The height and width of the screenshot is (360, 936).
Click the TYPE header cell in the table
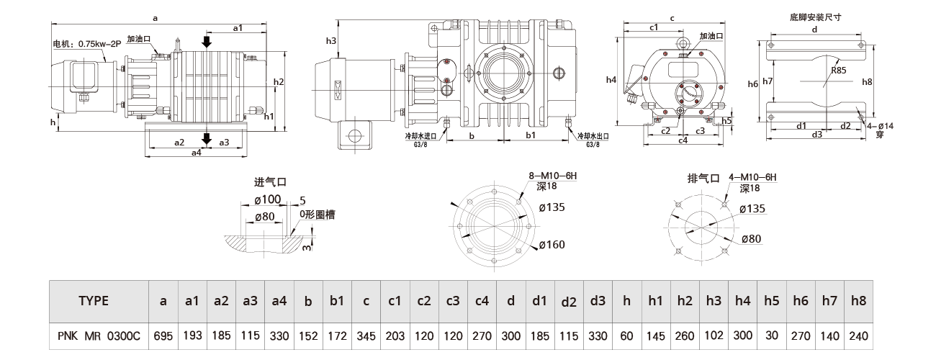pos(94,301)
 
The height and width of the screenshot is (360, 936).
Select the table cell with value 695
pos(163,336)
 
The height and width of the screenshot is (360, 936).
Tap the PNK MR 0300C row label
pos(94,336)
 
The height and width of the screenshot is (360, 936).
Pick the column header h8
pos(858,301)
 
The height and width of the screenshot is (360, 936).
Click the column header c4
pos(482,301)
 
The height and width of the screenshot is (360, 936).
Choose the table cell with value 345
pos(366,336)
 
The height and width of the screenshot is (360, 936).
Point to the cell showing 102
pos(714,336)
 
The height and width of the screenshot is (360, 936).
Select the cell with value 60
pos(626,336)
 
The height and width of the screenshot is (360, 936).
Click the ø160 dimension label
pos(552,245)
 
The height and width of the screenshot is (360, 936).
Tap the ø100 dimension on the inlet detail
pos(268,199)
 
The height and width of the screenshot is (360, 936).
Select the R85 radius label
pos(838,71)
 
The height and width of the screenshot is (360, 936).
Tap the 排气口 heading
pos(704,177)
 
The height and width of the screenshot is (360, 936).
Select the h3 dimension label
pos(331,41)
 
